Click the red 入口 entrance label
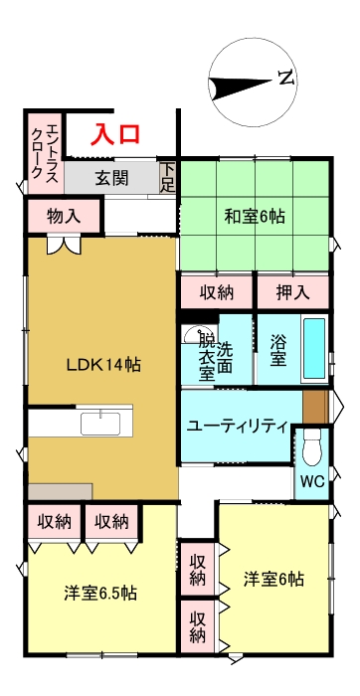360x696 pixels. (116, 134)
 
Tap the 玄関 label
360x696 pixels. (111, 179)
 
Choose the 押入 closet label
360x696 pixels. (292, 292)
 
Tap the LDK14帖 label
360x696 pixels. (103, 365)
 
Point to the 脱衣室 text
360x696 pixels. (206, 357)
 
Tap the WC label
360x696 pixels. (312, 482)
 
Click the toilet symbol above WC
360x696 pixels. (310, 448)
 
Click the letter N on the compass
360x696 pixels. (286, 78)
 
